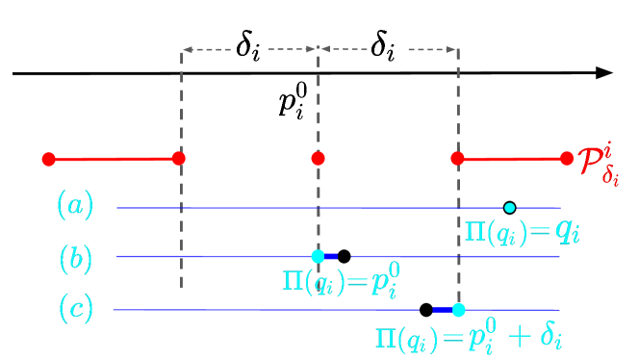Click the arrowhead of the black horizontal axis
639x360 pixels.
[x=604, y=73]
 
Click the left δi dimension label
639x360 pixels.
[x=248, y=47]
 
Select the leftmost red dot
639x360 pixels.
[x=48, y=159]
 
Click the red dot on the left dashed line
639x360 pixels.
[x=179, y=158]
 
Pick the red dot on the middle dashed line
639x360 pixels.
[x=319, y=158]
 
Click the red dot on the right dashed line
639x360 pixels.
[x=458, y=158]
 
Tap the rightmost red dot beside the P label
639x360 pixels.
[x=568, y=158]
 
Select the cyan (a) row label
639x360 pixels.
[x=75, y=204]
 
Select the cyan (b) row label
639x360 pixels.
[x=75, y=257]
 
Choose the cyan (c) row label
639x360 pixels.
[x=75, y=309]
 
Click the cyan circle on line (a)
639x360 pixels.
[x=510, y=207]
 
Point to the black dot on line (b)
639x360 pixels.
[x=345, y=256]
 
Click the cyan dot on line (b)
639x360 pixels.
[x=319, y=256]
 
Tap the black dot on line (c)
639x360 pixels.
[x=426, y=309]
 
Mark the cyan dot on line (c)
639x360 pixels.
[x=458, y=309]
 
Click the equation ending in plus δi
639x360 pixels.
[x=468, y=338]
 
